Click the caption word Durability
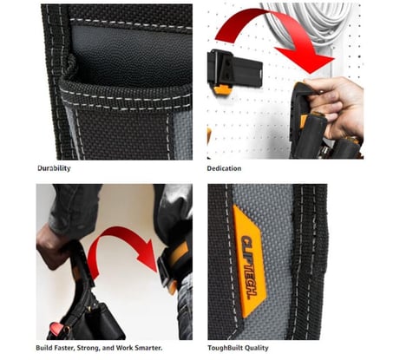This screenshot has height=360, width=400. [x=54, y=168]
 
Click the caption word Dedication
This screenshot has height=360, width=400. [x=224, y=168]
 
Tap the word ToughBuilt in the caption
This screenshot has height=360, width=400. [x=223, y=348]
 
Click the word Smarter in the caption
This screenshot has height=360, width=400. [x=148, y=348]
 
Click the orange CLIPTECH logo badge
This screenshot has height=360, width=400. [x=249, y=260]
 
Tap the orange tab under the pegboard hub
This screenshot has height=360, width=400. [x=222, y=89]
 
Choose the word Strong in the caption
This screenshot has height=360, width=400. [x=88, y=348]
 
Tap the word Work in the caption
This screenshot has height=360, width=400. [x=124, y=348]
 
